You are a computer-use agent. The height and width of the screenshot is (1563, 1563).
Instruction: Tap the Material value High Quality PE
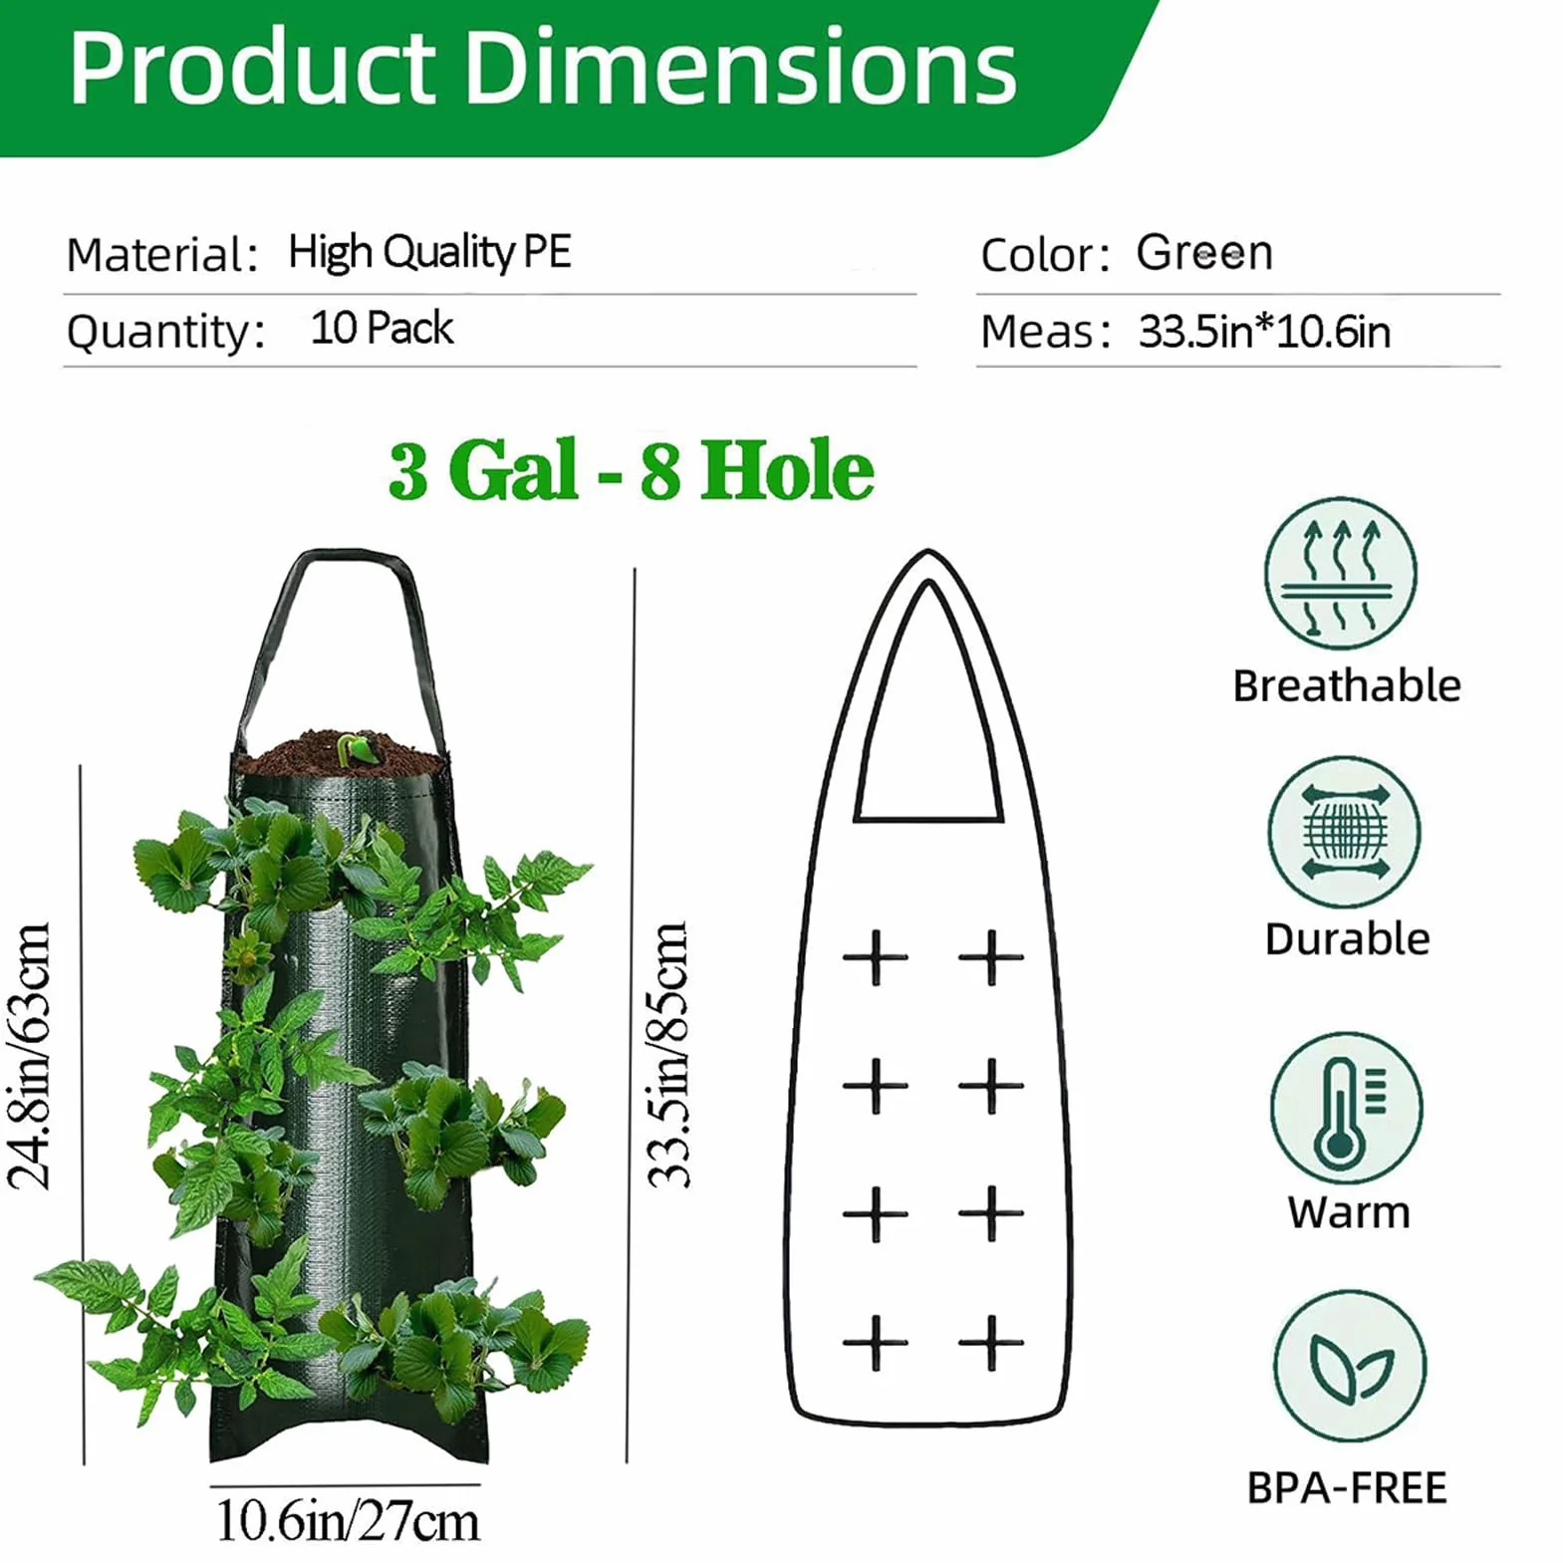tap(429, 252)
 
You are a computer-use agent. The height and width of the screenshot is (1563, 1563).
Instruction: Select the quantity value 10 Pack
tap(382, 328)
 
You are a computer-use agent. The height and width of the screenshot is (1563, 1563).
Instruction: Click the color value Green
tap(1204, 253)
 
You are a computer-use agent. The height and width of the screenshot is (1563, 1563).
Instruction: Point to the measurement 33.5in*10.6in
tap(1264, 331)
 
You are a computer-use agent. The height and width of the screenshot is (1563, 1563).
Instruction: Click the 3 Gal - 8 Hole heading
tap(632, 470)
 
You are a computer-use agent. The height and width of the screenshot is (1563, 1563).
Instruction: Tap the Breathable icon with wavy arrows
tap(1341, 575)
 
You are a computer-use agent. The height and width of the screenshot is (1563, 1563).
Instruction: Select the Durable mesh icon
tap(1344, 832)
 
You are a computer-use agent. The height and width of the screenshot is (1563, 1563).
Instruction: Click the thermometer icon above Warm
tap(1346, 1108)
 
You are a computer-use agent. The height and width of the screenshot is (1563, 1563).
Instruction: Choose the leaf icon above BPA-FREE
tap(1349, 1366)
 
